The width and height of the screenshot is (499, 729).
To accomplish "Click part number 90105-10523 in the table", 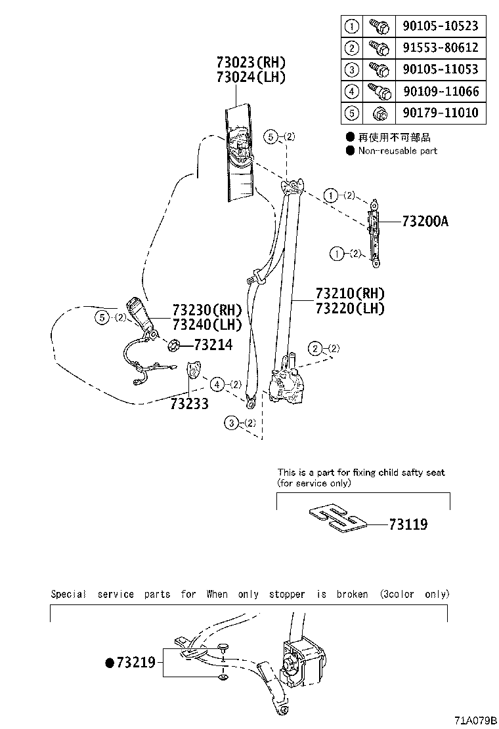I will [x=439, y=26].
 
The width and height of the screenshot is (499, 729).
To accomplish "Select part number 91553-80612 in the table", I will [x=439, y=48].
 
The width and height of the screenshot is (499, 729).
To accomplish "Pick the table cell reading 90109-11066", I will [x=439, y=91].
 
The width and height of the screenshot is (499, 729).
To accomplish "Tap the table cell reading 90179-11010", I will [x=439, y=113].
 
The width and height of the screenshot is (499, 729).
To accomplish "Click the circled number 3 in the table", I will [x=352, y=69].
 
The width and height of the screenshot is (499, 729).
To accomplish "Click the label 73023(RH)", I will [x=251, y=63].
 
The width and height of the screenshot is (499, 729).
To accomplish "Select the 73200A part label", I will [x=425, y=222].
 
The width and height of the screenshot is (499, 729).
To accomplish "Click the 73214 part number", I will [x=213, y=344].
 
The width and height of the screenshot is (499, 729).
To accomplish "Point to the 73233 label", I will [x=189, y=404].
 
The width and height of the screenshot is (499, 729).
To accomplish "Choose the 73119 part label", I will [x=408, y=524].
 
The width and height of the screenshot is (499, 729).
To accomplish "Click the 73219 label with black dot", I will [x=131, y=663].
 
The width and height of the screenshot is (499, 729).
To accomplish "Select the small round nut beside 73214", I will [x=174, y=345].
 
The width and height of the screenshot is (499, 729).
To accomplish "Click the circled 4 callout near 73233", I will [x=217, y=384].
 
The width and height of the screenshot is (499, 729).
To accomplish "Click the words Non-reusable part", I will [x=397, y=151].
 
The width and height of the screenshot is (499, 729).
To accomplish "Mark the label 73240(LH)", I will [x=207, y=324].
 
